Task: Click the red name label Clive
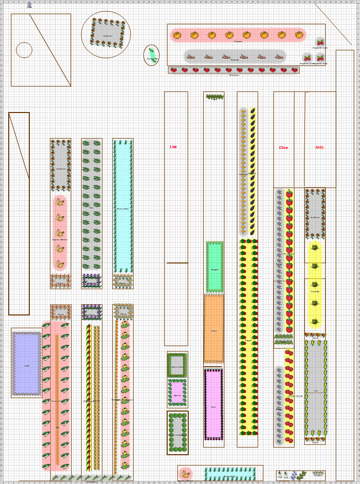[x=283, y=148]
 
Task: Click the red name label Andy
[x=319, y=147]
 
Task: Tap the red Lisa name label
[x=173, y=147]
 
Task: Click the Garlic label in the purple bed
[x=27, y=366]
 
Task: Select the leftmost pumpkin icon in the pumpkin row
[x=177, y=35]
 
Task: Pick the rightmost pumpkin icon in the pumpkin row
[x=299, y=35]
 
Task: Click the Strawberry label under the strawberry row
[x=234, y=75]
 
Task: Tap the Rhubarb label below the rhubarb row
[x=235, y=60]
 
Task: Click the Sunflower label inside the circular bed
[x=107, y=36]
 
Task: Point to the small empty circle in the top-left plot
[x=24, y=50]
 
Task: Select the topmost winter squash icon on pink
[x=60, y=202]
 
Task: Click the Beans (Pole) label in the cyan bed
[x=122, y=209]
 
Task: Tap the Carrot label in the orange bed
[x=213, y=331]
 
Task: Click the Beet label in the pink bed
[x=213, y=407]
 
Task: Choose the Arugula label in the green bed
[x=214, y=269]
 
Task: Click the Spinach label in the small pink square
[x=177, y=396]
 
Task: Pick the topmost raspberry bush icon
[x=320, y=42]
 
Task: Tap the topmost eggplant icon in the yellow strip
[x=253, y=111]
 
